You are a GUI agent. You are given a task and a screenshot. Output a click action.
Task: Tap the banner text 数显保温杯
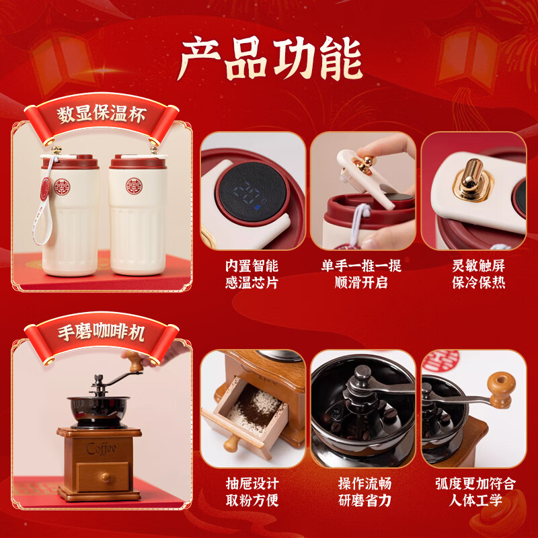tap(101, 114)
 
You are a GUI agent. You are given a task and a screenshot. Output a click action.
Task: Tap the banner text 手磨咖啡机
tap(101, 332)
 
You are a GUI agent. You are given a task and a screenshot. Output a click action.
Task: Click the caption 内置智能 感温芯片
tap(252, 274)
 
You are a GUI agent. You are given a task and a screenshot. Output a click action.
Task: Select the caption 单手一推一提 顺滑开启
tap(362, 274)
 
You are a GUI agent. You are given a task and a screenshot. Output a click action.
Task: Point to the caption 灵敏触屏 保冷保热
tap(479, 274)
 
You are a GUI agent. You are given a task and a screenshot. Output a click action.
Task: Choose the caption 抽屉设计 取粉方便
tap(252, 492)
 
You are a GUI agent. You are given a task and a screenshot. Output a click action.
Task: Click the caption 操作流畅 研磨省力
tap(364, 492)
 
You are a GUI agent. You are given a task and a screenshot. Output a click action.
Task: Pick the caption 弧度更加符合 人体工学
tap(475, 492)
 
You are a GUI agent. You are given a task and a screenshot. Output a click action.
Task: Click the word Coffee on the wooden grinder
tap(101, 448)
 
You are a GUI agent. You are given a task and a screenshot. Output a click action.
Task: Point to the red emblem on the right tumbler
tap(137, 184)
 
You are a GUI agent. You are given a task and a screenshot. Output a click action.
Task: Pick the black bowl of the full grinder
tap(99, 410)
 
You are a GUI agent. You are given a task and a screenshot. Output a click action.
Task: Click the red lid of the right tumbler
tap(137, 162)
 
